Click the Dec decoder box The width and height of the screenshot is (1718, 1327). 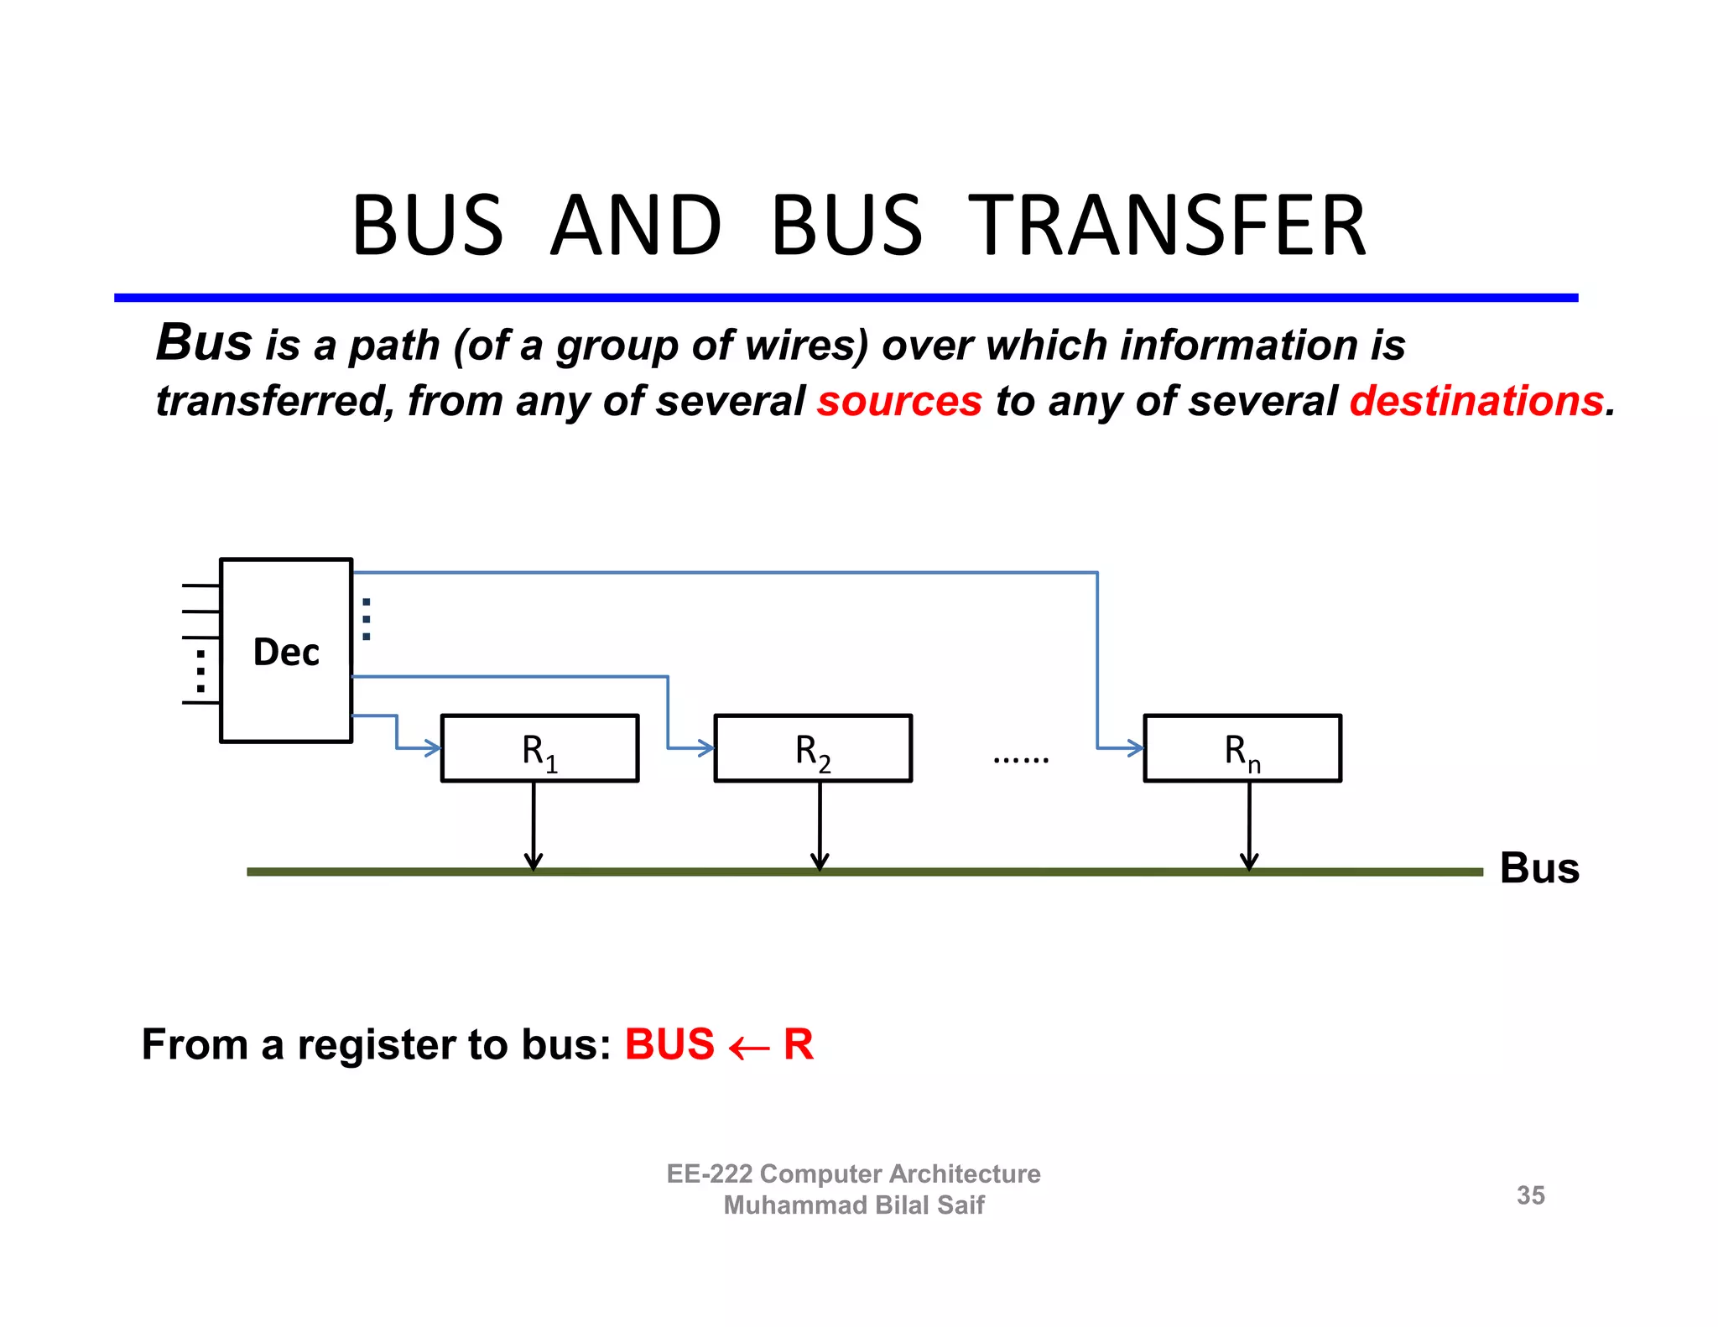[286, 650]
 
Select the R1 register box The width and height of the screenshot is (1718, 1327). [539, 748]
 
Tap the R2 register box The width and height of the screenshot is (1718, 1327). [812, 748]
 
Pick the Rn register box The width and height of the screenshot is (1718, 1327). [1242, 748]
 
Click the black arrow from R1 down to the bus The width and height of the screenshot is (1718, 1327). [534, 826]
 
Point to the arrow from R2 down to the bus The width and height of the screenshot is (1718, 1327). [820, 826]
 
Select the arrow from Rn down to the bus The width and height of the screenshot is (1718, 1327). [1249, 826]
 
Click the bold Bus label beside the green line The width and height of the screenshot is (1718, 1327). [1539, 868]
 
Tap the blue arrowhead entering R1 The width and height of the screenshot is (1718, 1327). [433, 748]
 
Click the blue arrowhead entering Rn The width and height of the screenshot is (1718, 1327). [1135, 748]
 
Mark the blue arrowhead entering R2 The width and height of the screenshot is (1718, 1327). [705, 748]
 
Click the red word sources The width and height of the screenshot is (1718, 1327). [899, 401]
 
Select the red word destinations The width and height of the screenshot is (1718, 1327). [1476, 401]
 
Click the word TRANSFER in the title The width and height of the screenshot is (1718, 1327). [1168, 226]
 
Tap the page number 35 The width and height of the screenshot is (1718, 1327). [1530, 1195]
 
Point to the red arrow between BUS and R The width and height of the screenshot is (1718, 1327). [748, 1048]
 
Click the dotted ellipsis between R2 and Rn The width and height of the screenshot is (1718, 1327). [1020, 760]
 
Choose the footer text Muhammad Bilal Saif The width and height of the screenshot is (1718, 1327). [853, 1205]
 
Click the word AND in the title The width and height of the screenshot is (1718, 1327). [636, 226]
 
